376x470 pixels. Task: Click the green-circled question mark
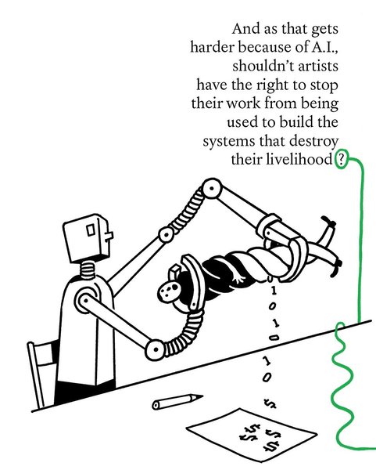(341, 159)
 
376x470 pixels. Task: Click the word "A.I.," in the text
(325, 47)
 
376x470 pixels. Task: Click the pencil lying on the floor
(177, 401)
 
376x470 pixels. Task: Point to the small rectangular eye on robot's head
(91, 230)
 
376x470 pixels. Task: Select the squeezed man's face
(169, 291)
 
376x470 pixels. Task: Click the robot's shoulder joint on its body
(86, 300)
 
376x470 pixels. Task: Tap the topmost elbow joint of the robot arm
(212, 189)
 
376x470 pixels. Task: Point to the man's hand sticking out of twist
(238, 278)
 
